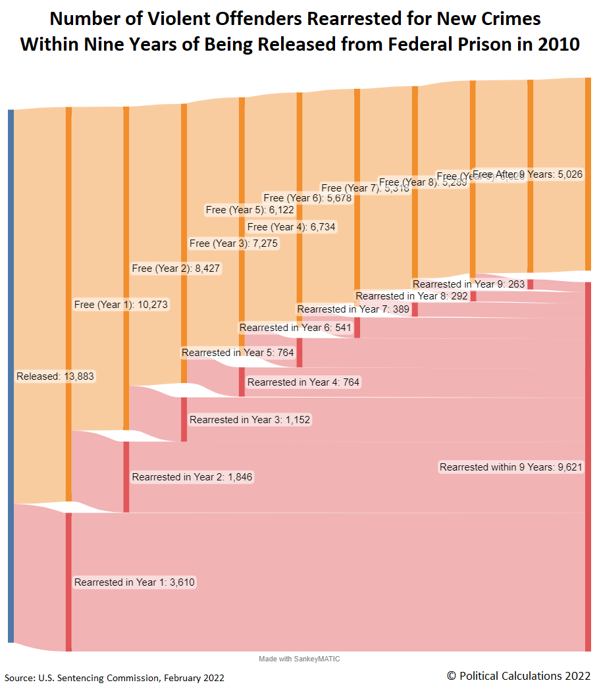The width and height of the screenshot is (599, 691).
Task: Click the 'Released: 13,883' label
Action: pos(55,376)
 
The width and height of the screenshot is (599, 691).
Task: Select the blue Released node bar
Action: pos(11,375)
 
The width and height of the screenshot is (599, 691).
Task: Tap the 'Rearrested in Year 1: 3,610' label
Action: pos(135,582)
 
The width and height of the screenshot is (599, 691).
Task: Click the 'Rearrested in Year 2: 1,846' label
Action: pos(192,476)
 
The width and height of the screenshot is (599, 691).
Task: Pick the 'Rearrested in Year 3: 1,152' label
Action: pos(249,419)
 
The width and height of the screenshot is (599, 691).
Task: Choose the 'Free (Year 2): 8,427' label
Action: pos(176,268)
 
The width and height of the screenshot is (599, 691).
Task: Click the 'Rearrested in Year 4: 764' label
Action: pos(304,382)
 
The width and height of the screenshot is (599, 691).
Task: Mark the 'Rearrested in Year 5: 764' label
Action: pos(238,353)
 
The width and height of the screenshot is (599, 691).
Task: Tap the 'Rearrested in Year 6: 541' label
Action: pos(296,327)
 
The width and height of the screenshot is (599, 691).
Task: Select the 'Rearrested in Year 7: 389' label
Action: pos(353,309)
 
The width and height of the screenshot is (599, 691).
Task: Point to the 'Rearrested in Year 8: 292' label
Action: pos(411,296)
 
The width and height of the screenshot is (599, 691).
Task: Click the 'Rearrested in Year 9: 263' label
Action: pos(469,284)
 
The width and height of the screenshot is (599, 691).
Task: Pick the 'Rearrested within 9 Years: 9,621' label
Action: pos(511,467)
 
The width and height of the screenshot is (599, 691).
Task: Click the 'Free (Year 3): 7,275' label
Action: pos(234,243)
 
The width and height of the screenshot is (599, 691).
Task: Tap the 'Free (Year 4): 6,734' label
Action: pos(292,227)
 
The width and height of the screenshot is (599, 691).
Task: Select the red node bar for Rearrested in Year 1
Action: pos(68,582)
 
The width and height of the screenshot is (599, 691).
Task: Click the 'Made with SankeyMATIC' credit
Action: pos(299,659)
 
